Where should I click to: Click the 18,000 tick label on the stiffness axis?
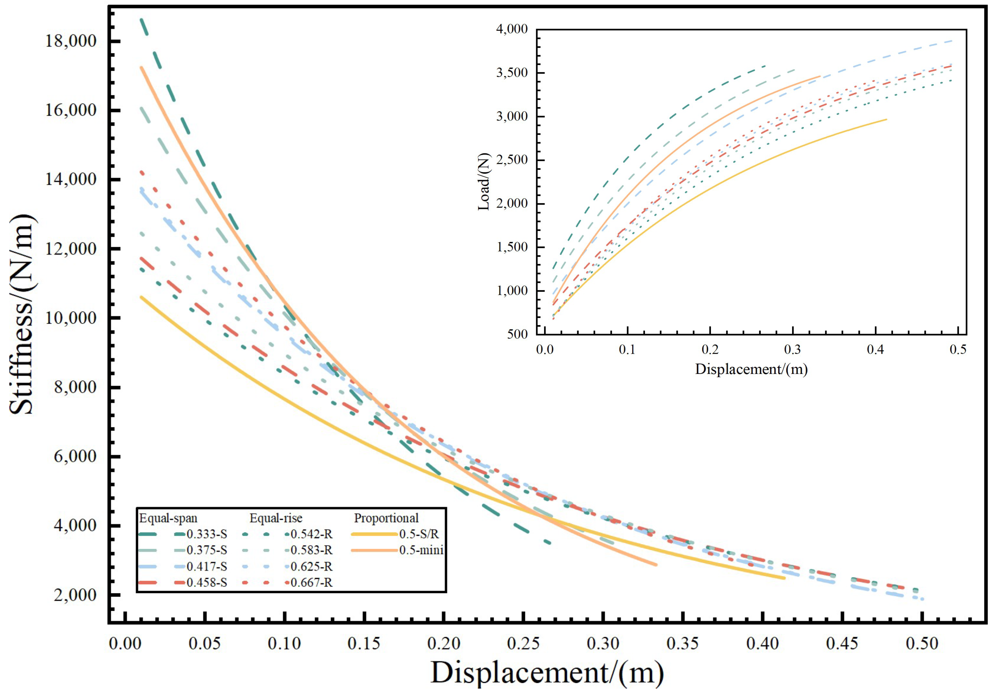point(71,41)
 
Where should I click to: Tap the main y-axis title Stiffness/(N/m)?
point(21,314)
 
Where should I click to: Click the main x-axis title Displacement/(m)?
point(547,673)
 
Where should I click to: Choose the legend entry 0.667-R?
point(311,583)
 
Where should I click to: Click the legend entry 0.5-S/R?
point(419,534)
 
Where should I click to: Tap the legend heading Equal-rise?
point(276,518)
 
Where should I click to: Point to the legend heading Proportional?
point(386,518)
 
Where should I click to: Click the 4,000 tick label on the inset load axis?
point(512,29)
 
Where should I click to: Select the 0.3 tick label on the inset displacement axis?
point(793,349)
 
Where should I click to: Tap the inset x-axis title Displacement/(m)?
point(751,369)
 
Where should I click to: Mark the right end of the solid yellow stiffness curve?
point(784,578)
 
